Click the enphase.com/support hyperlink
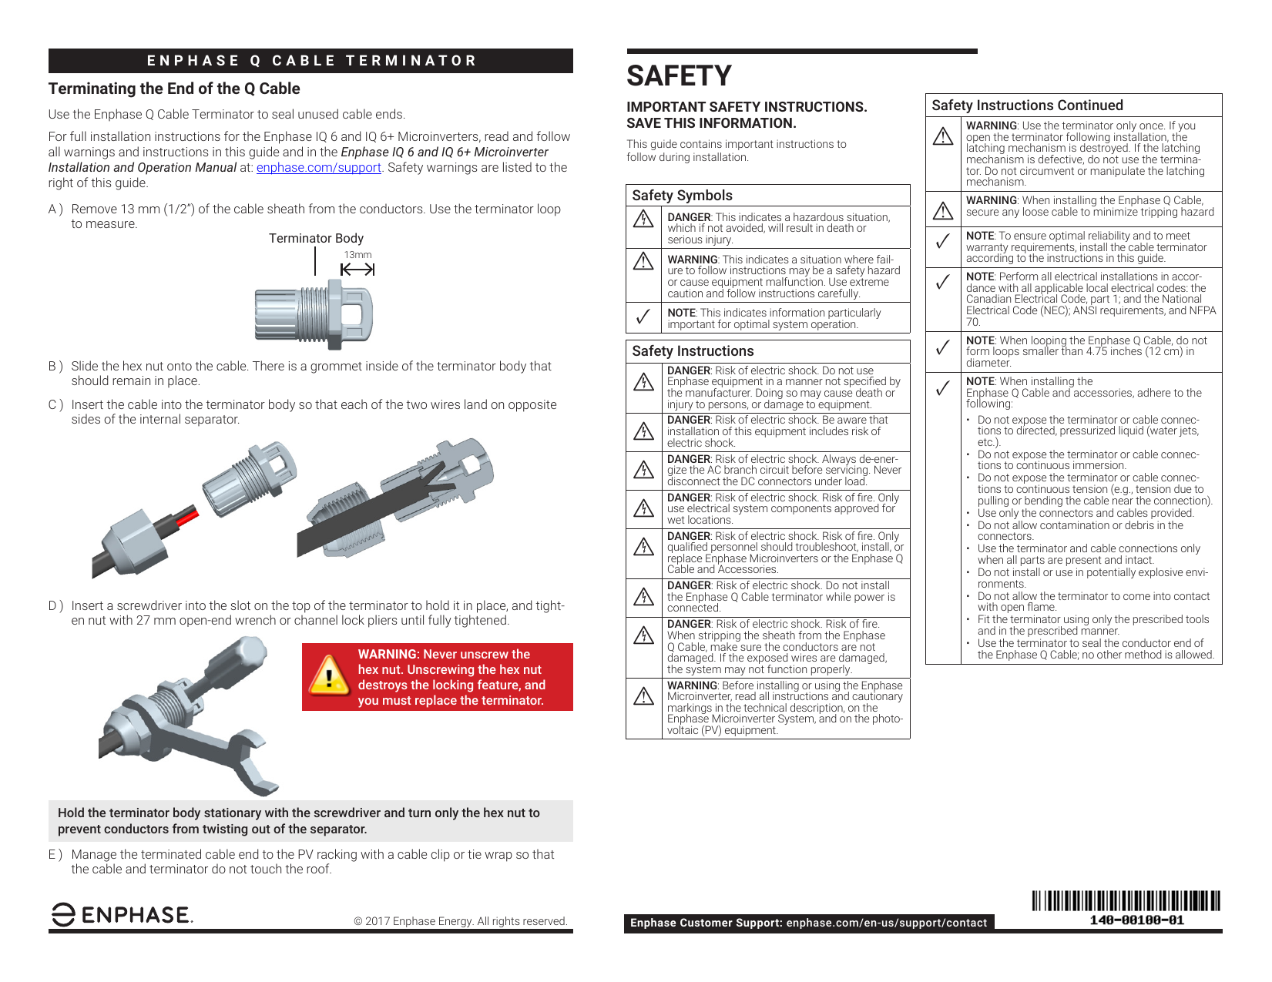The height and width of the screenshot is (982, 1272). [x=318, y=168]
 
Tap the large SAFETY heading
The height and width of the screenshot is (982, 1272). [x=679, y=76]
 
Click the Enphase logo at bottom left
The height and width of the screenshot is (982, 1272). [x=122, y=914]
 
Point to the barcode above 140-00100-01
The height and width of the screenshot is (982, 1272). [x=1126, y=900]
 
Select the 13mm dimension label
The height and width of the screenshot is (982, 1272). [x=357, y=255]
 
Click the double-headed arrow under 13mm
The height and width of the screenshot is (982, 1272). [x=357, y=270]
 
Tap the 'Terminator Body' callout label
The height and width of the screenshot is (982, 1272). [x=316, y=239]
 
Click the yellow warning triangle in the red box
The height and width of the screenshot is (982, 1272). [x=329, y=675]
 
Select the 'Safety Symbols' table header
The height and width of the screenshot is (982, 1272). [x=682, y=196]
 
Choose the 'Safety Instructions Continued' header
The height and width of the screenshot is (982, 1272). [x=1027, y=106]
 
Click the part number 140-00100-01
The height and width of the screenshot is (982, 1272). [x=1136, y=920]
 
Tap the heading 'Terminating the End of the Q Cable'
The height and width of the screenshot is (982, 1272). [x=174, y=89]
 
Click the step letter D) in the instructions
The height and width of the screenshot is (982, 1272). [x=55, y=606]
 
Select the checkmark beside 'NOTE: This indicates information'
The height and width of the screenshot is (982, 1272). [x=643, y=317]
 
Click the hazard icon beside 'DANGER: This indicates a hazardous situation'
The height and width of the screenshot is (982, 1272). [x=643, y=220]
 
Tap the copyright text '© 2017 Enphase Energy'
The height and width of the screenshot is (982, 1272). [x=460, y=921]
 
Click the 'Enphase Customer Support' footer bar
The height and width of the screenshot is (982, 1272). [x=808, y=923]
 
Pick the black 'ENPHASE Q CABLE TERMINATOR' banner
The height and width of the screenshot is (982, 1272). [x=310, y=61]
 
